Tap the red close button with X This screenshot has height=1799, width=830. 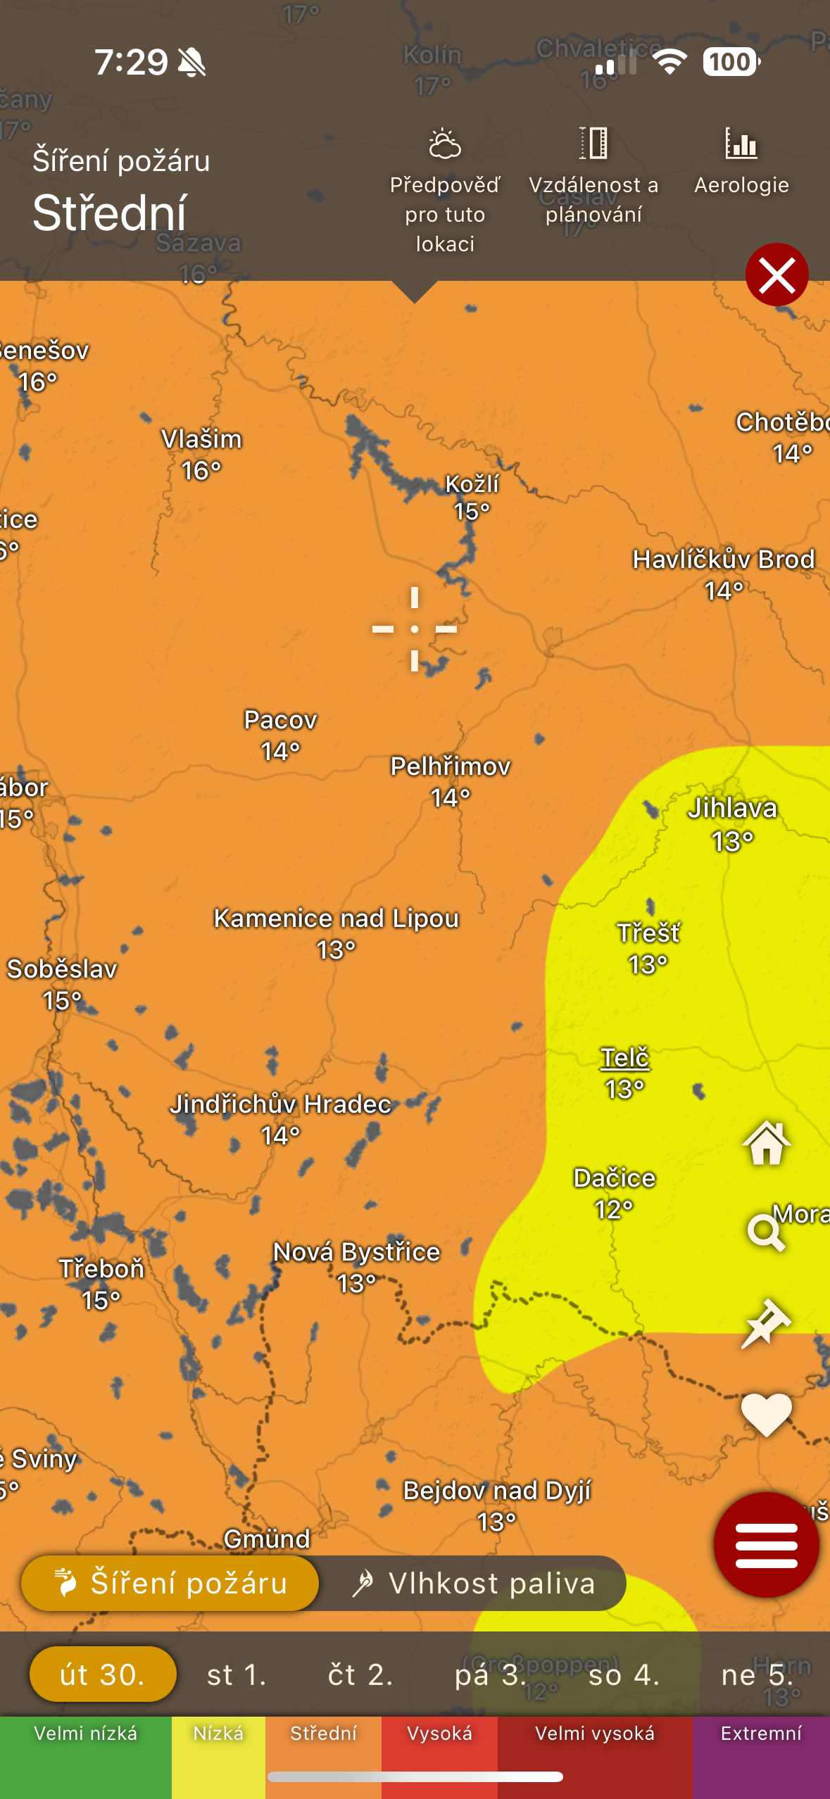pyautogui.click(x=776, y=274)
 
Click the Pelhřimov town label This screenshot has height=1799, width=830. pyautogui.click(x=450, y=767)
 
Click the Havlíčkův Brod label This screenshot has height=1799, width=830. pyautogui.click(x=723, y=560)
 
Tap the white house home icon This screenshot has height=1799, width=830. pyautogui.click(x=766, y=1143)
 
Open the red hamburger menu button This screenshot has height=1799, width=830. pyautogui.click(x=766, y=1544)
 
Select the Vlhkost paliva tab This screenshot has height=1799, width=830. pyautogui.click(x=473, y=1584)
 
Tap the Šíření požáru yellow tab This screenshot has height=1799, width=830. pyautogui.click(x=170, y=1584)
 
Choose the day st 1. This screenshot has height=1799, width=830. pyautogui.click(x=237, y=1675)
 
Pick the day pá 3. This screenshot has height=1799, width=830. pyautogui.click(x=490, y=1675)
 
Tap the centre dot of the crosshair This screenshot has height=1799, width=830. pyautogui.click(x=415, y=629)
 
